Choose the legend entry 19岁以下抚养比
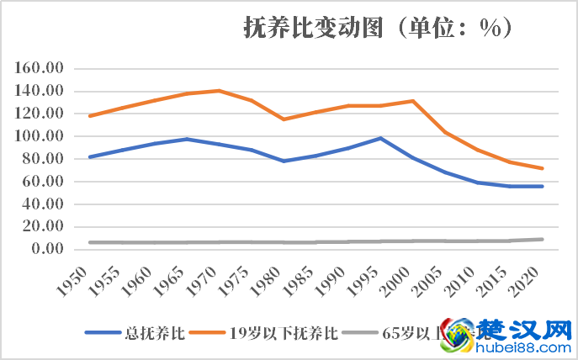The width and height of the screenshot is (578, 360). point(283,332)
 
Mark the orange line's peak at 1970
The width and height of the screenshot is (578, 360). point(219,90)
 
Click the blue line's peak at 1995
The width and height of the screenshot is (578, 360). point(380,138)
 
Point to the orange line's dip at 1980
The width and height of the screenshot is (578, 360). point(284,119)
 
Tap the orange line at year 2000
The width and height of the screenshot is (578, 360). point(413,101)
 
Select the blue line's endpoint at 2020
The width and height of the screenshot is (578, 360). point(543,186)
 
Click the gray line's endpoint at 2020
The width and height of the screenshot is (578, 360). point(543,240)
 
